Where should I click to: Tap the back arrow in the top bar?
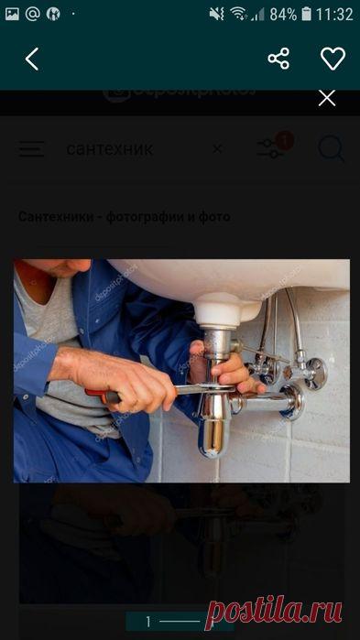click(x=32, y=60)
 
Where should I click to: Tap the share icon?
click(x=278, y=60)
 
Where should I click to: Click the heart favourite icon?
click(x=332, y=60)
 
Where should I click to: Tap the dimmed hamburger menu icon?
click(x=31, y=148)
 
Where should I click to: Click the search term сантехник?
click(x=110, y=148)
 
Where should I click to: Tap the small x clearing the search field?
click(x=217, y=148)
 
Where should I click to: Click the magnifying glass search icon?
click(x=331, y=148)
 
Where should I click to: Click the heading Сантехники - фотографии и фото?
click(x=125, y=217)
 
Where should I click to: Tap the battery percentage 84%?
click(x=284, y=15)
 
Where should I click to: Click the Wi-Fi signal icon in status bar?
click(x=239, y=15)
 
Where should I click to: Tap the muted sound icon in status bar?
click(x=217, y=15)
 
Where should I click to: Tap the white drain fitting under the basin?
click(x=217, y=316)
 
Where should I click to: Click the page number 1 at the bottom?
click(x=148, y=622)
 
